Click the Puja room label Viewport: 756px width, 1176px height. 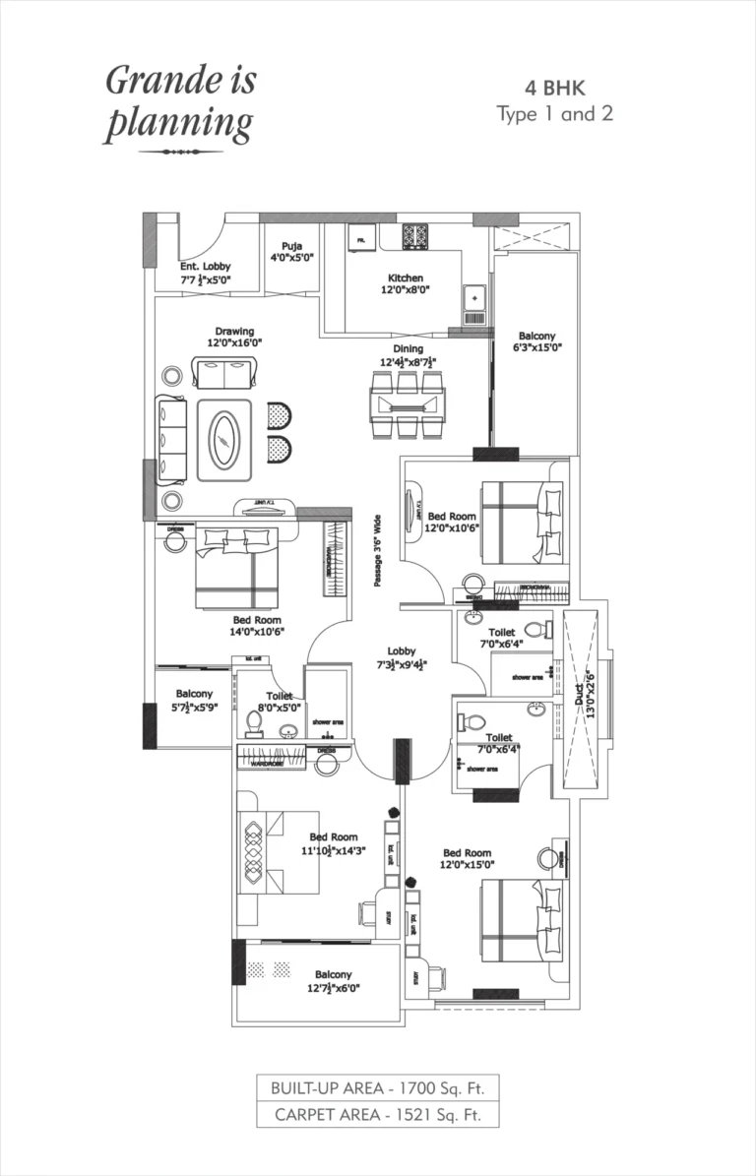291,252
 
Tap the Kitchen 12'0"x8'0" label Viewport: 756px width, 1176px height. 406,284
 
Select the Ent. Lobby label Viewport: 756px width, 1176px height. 205,273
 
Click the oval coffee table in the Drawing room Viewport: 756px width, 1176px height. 225,445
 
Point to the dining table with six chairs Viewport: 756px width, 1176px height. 407,403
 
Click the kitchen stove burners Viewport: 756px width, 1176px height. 414,237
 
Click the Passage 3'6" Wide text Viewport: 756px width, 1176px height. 377,552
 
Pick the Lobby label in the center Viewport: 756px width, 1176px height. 402,656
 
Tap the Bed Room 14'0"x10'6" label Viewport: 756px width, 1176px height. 257,626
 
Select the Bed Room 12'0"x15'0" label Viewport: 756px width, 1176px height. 467,859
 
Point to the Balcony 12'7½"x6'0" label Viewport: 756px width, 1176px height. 334,980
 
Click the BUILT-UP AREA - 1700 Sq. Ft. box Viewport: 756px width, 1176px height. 377,1087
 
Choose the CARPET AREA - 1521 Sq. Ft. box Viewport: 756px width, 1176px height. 377,1114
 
